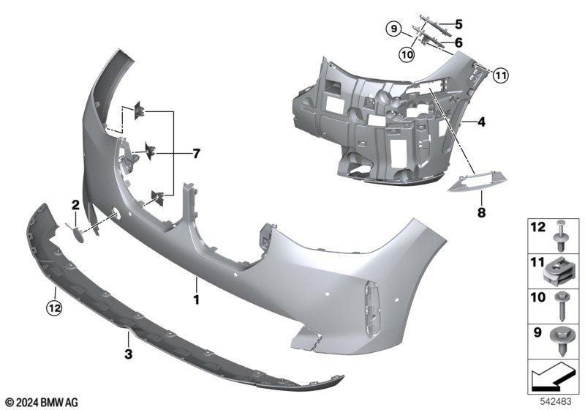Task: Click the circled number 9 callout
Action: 394,29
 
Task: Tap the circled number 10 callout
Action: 407,54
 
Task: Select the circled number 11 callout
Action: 500,76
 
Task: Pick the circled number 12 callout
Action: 53,308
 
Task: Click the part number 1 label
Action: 196,299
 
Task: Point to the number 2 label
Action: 76,204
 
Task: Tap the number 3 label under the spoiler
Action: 129,354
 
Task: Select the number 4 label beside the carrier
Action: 482,122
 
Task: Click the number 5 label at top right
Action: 458,24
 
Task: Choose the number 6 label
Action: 458,42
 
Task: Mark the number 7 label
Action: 196,154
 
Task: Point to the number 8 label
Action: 482,212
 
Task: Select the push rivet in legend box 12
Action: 560,236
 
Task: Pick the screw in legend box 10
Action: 561,307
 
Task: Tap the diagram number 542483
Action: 556,402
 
